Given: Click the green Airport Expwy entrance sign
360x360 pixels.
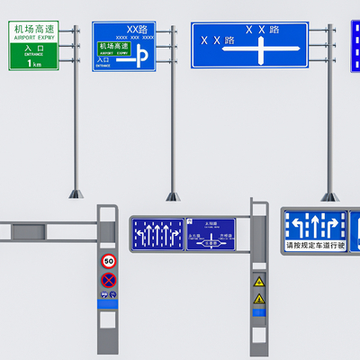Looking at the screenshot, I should pos(35,46).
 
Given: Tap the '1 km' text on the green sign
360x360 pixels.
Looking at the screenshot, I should pos(34,63).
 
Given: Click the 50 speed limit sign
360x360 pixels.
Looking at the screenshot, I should pos(109,261).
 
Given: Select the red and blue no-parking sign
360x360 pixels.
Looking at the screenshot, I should pos(109,280).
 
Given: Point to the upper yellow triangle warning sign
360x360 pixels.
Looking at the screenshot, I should pos(259,281).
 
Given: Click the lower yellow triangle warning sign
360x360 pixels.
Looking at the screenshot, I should pos(259,298).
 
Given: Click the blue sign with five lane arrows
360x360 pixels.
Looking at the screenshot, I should pos(157,234).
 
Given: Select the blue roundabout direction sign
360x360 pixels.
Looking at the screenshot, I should pos(211,234).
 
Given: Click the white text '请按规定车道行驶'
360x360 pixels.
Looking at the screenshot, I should pos(315,245).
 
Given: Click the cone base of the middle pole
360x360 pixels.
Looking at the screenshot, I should pos(173,194).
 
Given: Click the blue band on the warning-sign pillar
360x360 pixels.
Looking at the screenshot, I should pos(259,313).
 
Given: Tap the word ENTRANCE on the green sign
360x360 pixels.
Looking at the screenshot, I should pos(34,54).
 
